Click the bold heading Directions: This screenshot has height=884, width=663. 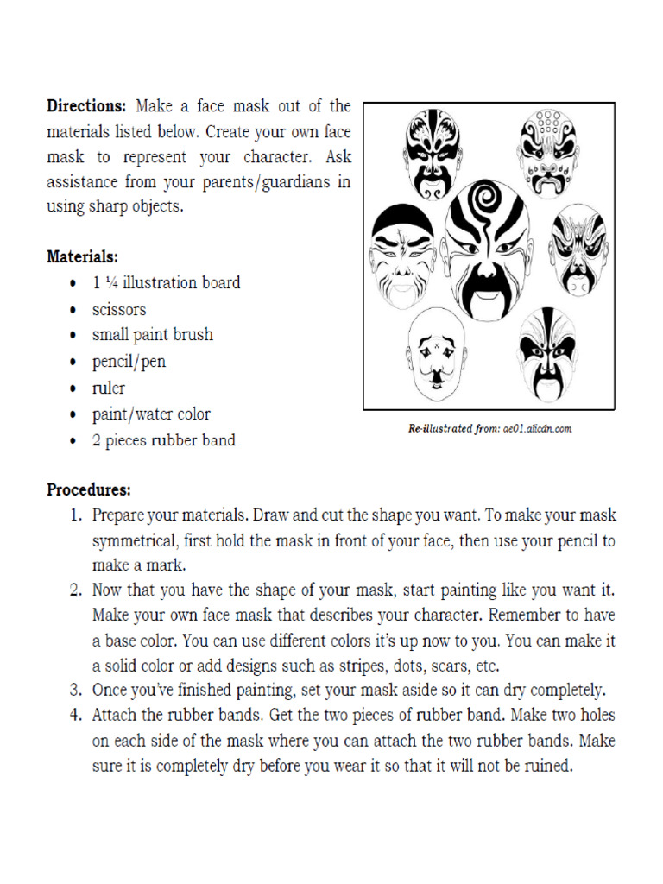[86, 106]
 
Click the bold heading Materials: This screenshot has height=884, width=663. [82, 256]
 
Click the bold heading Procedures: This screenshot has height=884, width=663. [88, 489]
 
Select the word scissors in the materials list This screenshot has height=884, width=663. [119, 309]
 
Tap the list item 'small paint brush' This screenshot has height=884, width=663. [153, 335]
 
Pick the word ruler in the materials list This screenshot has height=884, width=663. [109, 388]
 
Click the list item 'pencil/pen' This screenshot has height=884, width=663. [129, 362]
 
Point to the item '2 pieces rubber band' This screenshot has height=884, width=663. [164, 440]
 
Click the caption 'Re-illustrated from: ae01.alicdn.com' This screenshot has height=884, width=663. [490, 427]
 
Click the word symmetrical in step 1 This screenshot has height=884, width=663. [134, 541]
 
